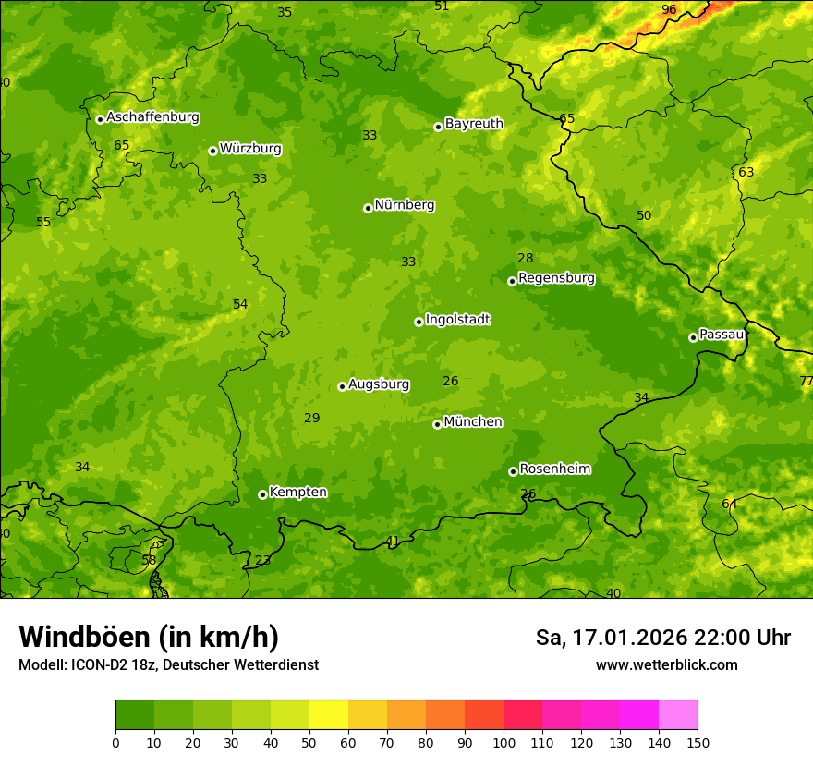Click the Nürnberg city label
coord(404,205)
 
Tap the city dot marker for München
coord(437,424)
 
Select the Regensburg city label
coord(556,278)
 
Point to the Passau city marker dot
coord(693,337)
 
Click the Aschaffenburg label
coord(152,117)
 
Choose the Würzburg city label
coord(249,149)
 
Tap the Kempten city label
coord(297,493)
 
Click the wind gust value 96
coord(669,9)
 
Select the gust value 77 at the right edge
coord(806,381)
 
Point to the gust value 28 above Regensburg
coord(525,259)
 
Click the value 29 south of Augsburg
coord(312,418)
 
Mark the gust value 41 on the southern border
coord(393,541)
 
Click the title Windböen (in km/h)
coord(148,637)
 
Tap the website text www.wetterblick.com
coord(666,664)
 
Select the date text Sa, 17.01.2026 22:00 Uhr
coord(662,638)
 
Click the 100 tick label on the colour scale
coord(504,742)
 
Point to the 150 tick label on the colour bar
coord(698,742)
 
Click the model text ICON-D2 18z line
coord(168,664)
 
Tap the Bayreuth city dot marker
coord(438,127)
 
